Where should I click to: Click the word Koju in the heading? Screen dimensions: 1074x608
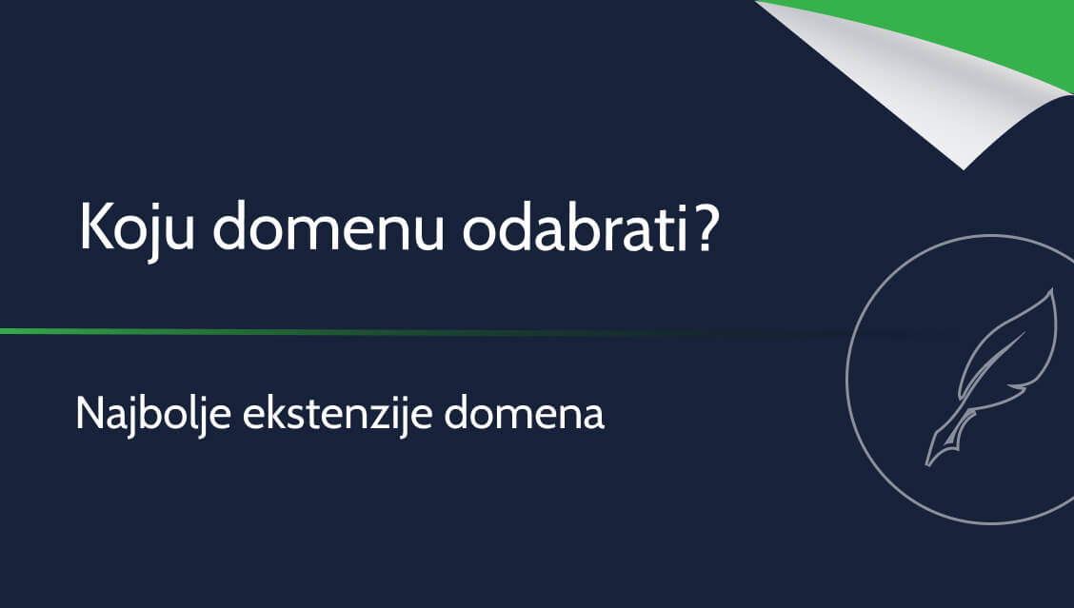[x=136, y=228]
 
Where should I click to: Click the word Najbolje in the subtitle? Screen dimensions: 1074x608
[x=152, y=413]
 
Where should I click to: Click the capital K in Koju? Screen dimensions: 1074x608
[x=96, y=226]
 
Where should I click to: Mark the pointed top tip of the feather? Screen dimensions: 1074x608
[x=1053, y=291]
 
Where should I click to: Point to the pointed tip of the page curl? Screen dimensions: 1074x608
[x=963, y=167]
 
